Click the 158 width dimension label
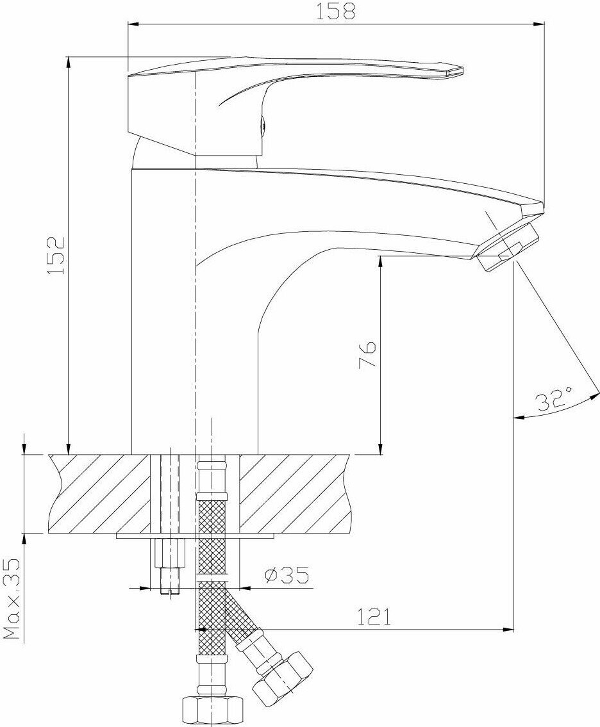tap(337, 11)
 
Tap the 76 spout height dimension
tap(367, 355)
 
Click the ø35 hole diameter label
tap(287, 576)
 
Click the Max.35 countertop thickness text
tap(12, 598)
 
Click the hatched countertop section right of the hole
tap(295, 493)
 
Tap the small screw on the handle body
tap(262, 126)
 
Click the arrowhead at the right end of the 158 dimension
tap(540, 25)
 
